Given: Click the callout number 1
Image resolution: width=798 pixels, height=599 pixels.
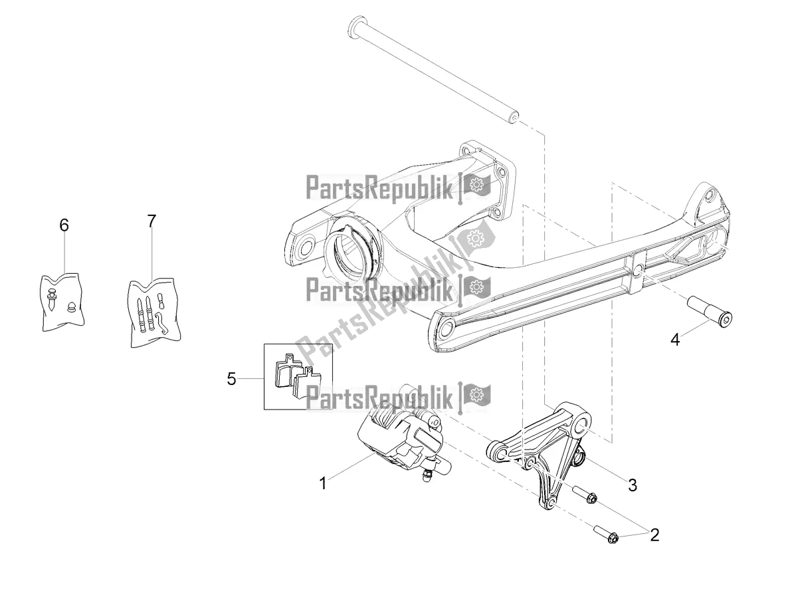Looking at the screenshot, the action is click(323, 483).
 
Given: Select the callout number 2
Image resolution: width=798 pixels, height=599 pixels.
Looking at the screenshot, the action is click(654, 535).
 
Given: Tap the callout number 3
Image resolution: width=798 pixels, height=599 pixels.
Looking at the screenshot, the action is click(633, 485).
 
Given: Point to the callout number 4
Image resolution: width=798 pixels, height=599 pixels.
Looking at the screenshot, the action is click(675, 340).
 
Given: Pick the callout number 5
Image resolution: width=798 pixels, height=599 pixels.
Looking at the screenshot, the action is click(232, 379).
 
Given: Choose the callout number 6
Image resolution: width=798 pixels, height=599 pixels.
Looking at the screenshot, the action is click(64, 225).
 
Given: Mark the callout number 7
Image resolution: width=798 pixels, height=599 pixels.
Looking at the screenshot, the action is click(151, 221).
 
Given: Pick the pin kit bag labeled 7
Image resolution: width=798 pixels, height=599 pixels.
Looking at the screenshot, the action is click(155, 312).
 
